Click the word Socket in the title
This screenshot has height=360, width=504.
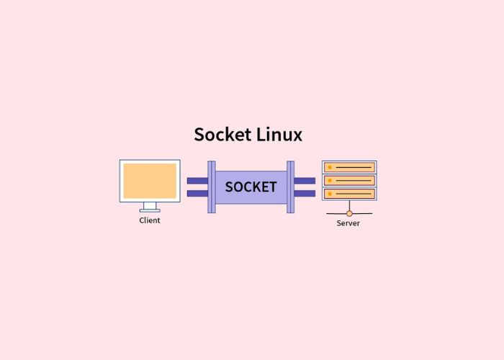point(222,135)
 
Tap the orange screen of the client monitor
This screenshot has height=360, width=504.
point(150,181)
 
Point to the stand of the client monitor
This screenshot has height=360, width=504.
point(150,207)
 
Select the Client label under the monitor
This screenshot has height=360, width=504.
point(150,220)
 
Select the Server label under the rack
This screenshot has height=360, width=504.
point(348,223)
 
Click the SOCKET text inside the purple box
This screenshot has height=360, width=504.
point(251,187)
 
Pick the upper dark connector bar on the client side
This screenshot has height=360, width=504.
point(197,181)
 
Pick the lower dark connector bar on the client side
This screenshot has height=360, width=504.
point(197,194)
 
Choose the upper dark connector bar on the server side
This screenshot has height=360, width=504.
point(305,181)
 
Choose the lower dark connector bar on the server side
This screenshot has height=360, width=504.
point(305,194)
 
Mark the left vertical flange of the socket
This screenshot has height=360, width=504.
point(212,187)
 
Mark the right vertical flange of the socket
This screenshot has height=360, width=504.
point(290,187)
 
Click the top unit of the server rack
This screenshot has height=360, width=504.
point(349,167)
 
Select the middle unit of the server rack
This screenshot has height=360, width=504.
point(349,181)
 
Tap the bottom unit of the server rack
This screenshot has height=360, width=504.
point(349,194)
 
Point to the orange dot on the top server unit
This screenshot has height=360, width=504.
point(330,167)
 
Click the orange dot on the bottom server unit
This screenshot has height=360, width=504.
point(330,194)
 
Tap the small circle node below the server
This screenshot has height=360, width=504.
point(349,213)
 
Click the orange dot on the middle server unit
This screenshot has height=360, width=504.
point(330,181)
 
